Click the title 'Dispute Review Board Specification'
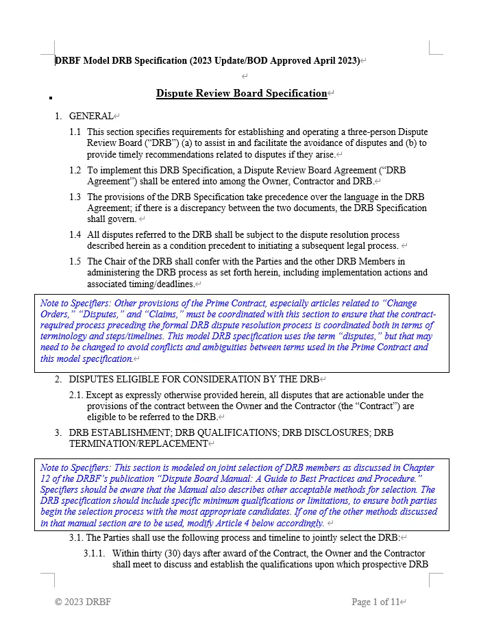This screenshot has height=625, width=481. click(241, 93)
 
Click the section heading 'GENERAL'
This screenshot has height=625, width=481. click(90, 117)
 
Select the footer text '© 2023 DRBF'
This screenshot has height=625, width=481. click(83, 602)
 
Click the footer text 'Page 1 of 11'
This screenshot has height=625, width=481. click(375, 602)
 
